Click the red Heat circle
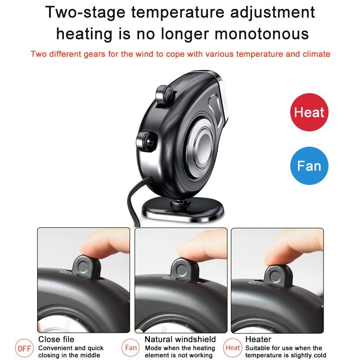(309, 112)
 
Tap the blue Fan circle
(309, 166)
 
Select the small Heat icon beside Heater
(233, 348)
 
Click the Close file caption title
(56, 339)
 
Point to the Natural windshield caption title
(180, 339)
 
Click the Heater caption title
(259, 339)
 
